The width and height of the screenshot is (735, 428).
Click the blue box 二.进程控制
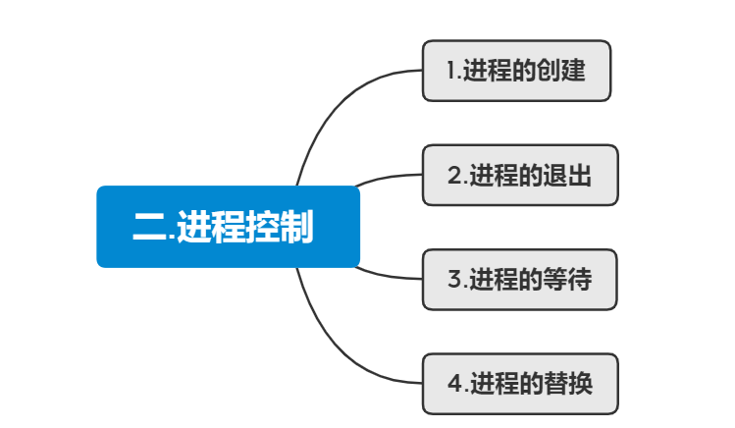pos(228,227)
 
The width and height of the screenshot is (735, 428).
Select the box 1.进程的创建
pos(516,71)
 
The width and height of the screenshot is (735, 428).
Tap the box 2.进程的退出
pos(520,176)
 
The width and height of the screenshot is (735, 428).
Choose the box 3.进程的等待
pos(520,280)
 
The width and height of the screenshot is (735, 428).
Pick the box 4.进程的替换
pos(520,384)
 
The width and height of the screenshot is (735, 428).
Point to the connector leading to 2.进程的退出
pos(388,178)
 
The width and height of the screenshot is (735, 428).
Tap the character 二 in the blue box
pos(149,228)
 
